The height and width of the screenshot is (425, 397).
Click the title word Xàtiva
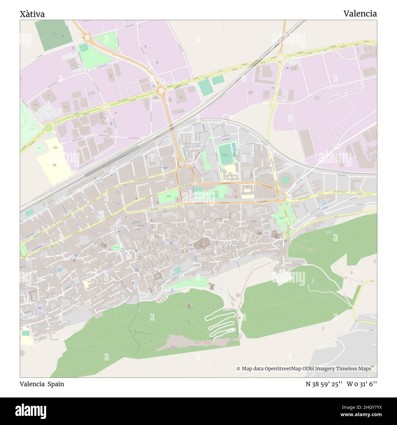pyautogui.click(x=32, y=14)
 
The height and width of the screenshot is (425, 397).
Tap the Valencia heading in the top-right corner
pyautogui.click(x=360, y=13)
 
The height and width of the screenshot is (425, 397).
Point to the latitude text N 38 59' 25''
pyautogui.click(x=324, y=384)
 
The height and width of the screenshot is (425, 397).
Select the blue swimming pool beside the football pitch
pyautogui.click(x=234, y=147)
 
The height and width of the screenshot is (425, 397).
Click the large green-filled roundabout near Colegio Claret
pyautogui.click(x=48, y=127)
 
